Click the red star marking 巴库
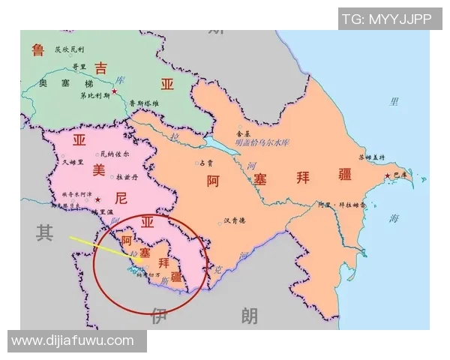pos(388,176)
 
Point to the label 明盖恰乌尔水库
pos(262,142)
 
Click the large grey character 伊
pos(157,316)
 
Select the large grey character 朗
pos(249,316)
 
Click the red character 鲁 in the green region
pos(37,50)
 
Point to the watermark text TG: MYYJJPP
pos(386,19)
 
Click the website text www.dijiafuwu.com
pos(73,341)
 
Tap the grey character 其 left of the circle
pos(44,233)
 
